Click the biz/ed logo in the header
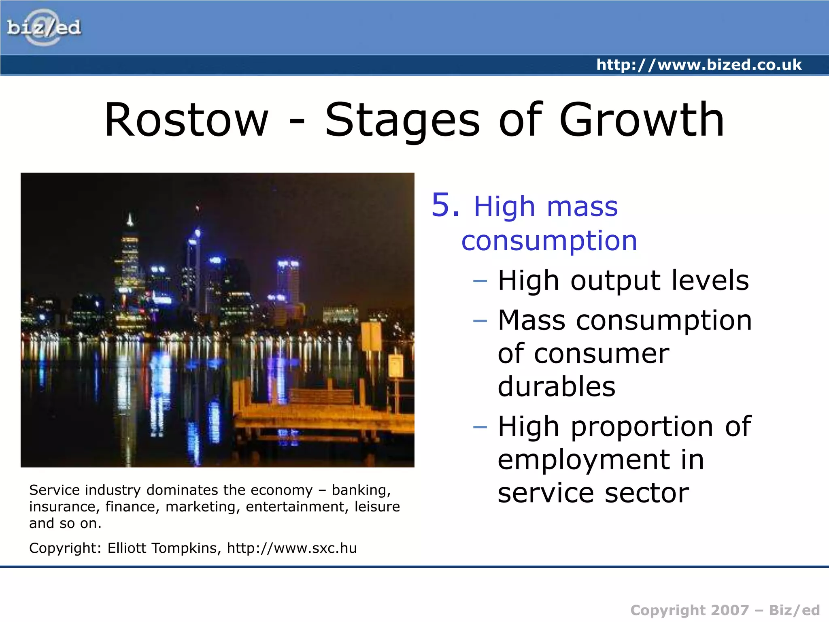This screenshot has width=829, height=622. click(x=44, y=28)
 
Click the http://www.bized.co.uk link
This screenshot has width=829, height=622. click(x=699, y=65)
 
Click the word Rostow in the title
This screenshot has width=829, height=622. click(x=187, y=120)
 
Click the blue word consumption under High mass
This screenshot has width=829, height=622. click(x=549, y=241)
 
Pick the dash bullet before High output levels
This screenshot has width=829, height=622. click(x=480, y=281)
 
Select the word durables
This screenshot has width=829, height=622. click(x=557, y=386)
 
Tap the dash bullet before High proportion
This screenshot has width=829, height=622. click(x=480, y=427)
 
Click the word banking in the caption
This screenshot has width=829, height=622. click(x=361, y=490)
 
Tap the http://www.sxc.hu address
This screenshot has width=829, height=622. click(x=291, y=548)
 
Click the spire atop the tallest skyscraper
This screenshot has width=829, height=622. click(x=130, y=219)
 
